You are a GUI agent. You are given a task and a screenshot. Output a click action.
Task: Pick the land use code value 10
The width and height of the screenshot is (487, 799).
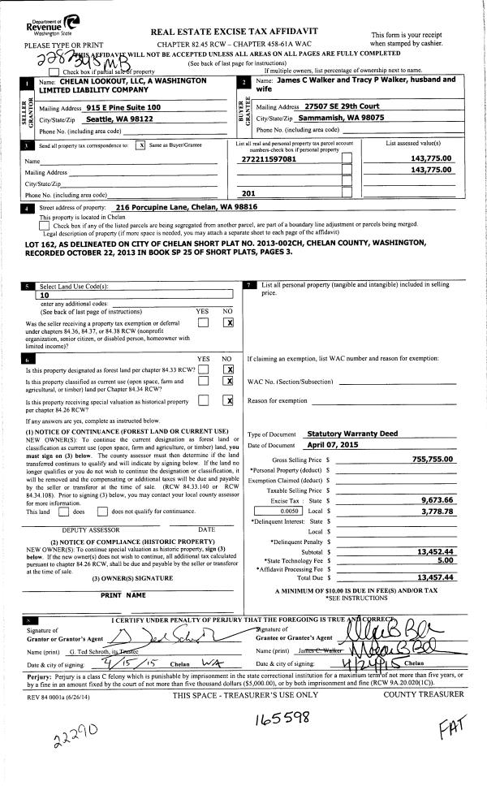(x=45, y=296)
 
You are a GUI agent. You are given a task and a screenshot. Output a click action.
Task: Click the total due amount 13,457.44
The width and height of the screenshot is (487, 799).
(x=435, y=577)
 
